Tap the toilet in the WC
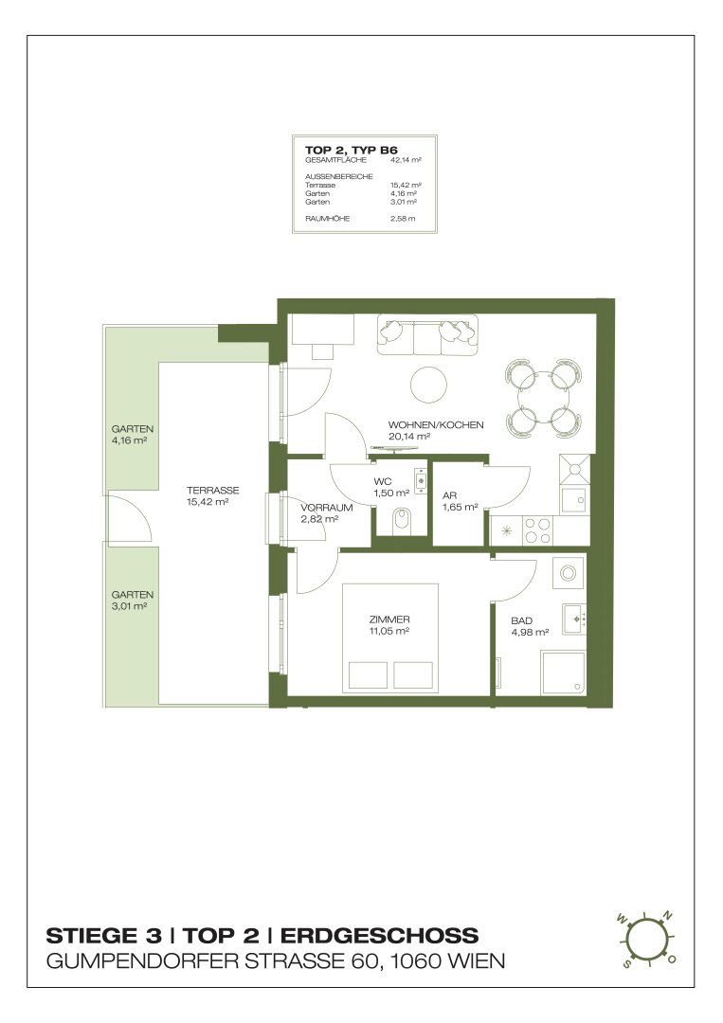click(x=402, y=521)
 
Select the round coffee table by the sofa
click(x=429, y=383)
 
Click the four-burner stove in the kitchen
click(x=539, y=529)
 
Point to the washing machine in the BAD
click(x=569, y=574)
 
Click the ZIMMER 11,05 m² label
click(x=389, y=625)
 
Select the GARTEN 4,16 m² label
click(x=133, y=435)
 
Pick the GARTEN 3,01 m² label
click(x=133, y=601)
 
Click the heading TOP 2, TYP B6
click(x=351, y=150)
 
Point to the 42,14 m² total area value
click(x=406, y=160)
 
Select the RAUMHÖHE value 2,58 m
click(x=403, y=219)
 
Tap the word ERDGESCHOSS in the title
click(x=380, y=936)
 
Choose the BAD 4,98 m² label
click(x=529, y=626)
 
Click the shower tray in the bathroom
click(x=564, y=672)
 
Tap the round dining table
click(x=543, y=398)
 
